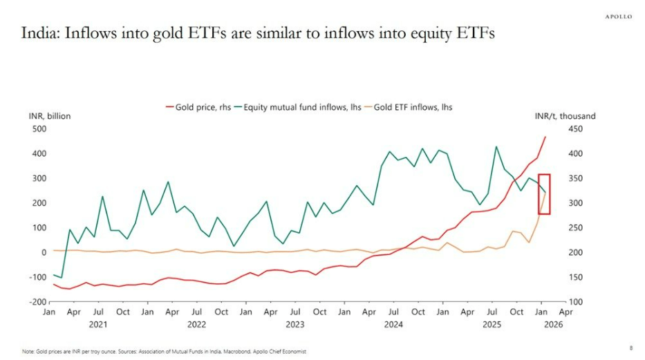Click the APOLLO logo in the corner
pyautogui.click(x=618, y=17)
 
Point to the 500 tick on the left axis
pyautogui.click(x=39, y=129)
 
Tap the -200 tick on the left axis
pyautogui.click(x=37, y=302)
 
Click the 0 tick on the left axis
pyautogui.click(x=42, y=252)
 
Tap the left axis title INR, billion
pyautogui.click(x=49, y=116)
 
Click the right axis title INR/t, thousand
pyautogui.click(x=565, y=116)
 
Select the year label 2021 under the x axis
pyautogui.click(x=98, y=323)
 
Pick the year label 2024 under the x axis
pyautogui.click(x=393, y=323)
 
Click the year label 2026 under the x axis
pyautogui.click(x=553, y=323)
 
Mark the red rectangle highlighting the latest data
pyautogui.click(x=544, y=194)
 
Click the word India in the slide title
pyautogui.click(x=39, y=34)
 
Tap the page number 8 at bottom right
pyautogui.click(x=630, y=348)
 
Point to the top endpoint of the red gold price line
pyautogui.click(x=545, y=137)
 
